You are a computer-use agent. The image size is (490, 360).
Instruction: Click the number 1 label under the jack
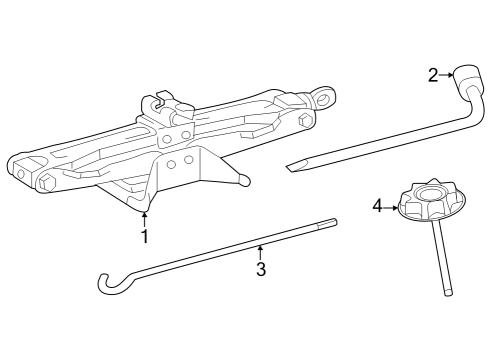point(144,237)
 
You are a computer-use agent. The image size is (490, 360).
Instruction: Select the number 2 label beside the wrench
point(433,74)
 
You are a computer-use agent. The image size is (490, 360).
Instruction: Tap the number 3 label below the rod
point(261,270)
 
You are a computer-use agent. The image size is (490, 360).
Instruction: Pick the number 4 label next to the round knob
point(378,205)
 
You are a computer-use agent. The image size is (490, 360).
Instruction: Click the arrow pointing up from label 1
point(144,219)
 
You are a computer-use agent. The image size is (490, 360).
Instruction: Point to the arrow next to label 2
point(446,74)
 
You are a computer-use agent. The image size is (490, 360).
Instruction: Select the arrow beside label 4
point(391,206)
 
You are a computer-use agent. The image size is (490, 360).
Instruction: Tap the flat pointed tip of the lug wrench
point(293,165)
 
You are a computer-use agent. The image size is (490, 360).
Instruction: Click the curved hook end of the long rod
point(107,284)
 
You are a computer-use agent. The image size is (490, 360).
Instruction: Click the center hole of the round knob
point(433,193)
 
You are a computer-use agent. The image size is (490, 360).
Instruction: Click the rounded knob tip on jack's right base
point(243,180)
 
